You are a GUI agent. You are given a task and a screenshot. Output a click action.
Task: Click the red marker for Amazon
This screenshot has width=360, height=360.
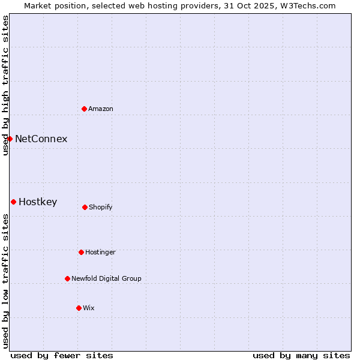click(x=85, y=109)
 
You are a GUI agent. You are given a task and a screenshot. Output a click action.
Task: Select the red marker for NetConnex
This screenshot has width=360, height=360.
click(x=10, y=139)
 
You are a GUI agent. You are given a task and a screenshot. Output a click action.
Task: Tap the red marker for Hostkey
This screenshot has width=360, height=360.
click(x=13, y=202)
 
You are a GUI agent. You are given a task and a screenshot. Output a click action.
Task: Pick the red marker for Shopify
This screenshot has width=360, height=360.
click(x=85, y=207)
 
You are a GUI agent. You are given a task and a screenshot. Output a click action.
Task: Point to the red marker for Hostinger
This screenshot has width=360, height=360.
click(x=81, y=252)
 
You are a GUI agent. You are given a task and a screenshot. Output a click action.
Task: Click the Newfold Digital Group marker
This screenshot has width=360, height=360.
click(x=67, y=278)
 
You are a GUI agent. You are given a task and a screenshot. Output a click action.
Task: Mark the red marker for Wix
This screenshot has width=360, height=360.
click(x=79, y=308)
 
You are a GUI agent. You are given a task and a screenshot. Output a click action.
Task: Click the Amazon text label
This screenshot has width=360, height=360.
click(x=101, y=109)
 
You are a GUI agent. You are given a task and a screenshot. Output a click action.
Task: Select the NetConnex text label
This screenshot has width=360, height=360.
click(x=41, y=139)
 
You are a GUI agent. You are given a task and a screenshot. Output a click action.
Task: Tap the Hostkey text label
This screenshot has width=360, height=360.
click(x=38, y=202)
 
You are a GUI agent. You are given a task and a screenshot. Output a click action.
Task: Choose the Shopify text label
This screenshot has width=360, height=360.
click(x=101, y=207)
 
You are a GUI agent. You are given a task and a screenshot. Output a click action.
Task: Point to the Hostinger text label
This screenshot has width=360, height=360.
click(x=100, y=252)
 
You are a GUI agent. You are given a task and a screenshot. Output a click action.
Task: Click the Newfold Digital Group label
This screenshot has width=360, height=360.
click(x=106, y=278)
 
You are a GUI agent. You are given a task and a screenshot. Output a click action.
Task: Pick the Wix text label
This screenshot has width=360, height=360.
click(x=89, y=308)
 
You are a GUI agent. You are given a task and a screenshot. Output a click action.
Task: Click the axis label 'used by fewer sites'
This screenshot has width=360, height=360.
click(x=62, y=355)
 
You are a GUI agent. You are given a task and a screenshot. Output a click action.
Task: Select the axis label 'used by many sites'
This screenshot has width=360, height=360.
click(x=301, y=355)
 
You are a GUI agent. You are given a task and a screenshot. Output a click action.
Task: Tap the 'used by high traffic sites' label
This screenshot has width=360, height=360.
click(x=5, y=85)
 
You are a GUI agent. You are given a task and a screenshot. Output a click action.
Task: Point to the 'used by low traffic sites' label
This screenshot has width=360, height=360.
click(x=5, y=281)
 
